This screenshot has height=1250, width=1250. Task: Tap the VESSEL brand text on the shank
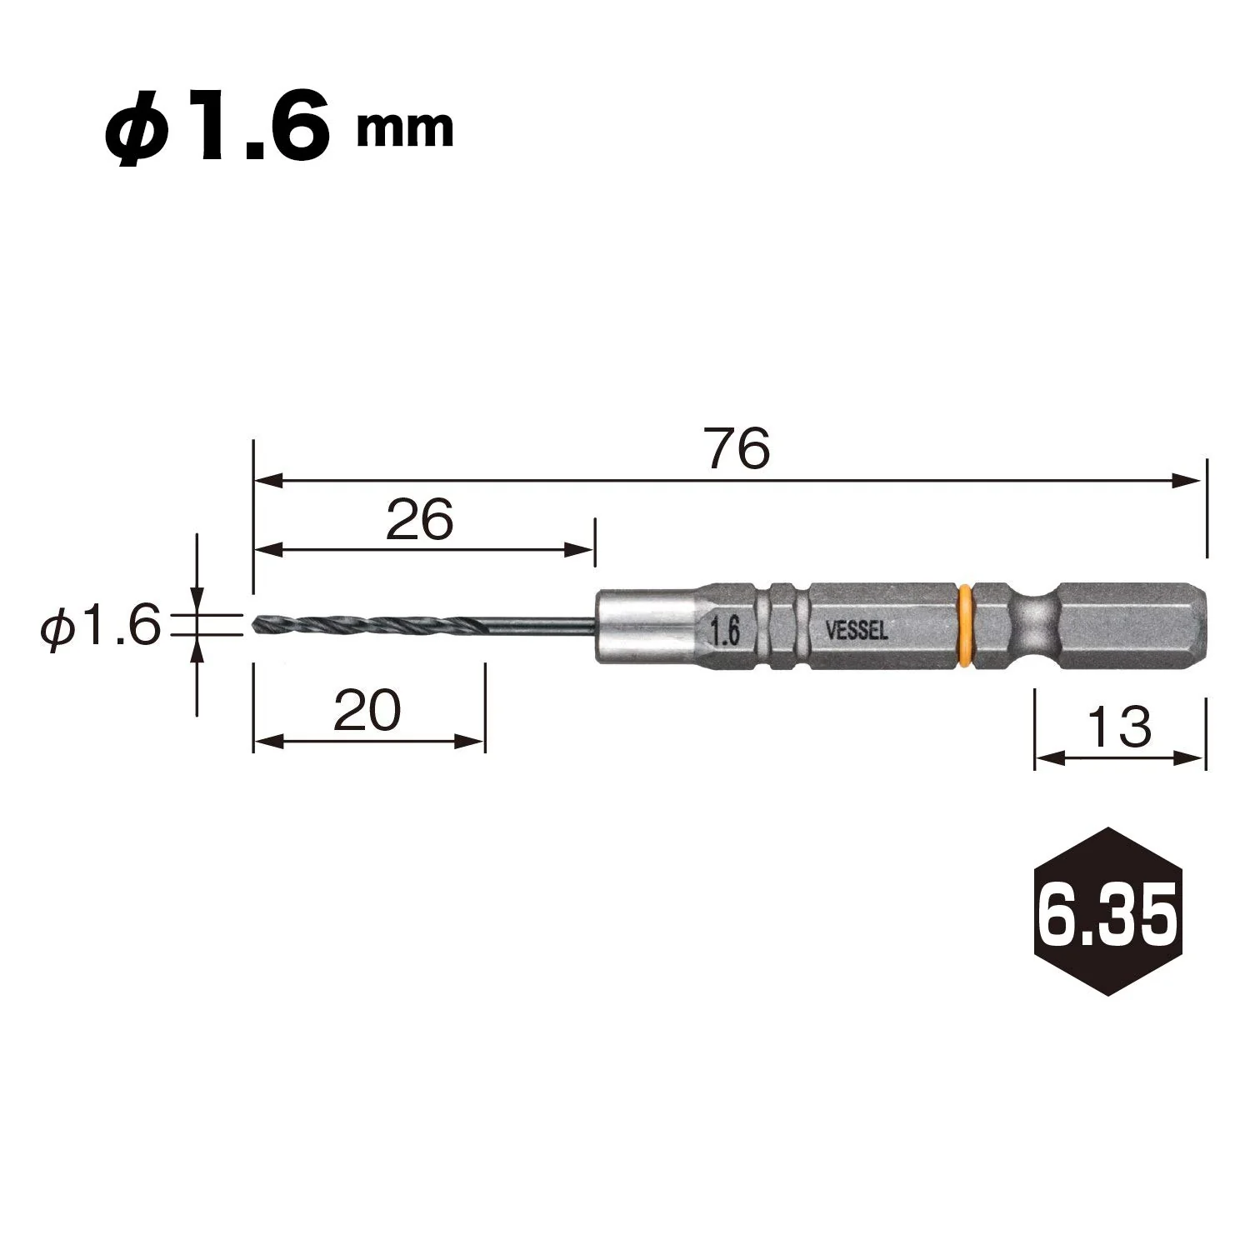pyautogui.click(x=856, y=632)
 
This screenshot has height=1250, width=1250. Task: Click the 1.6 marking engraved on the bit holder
pyautogui.click(x=725, y=632)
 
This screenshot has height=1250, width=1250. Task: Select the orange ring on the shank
pyautogui.click(x=965, y=626)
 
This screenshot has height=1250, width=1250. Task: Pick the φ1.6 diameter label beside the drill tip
pyautogui.click(x=100, y=625)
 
